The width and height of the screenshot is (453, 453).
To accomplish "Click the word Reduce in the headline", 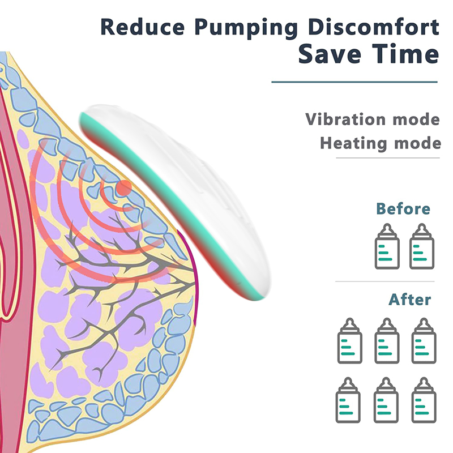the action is (143, 27).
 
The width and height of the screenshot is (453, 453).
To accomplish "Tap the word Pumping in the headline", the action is (246, 28).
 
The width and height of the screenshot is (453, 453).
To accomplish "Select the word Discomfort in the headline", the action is (374, 27).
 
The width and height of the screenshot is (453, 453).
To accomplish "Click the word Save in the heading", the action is (330, 54).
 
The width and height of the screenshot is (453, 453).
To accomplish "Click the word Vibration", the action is (345, 119).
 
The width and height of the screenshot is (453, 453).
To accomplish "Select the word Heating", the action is (353, 143).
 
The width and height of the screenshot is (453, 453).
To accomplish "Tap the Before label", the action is (403, 208).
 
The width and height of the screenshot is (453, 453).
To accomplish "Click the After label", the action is (409, 300).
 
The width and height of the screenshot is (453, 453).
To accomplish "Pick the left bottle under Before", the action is (387, 246).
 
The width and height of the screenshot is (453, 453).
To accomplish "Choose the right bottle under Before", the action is (422, 246).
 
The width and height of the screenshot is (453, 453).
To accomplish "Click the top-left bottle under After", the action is (350, 341).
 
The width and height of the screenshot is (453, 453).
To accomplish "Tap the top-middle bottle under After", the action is (387, 341).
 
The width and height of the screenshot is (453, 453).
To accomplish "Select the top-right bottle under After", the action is (424, 341).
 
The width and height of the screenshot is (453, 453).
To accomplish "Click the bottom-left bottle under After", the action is (348, 400).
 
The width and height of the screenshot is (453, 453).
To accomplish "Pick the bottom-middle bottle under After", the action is (386, 400).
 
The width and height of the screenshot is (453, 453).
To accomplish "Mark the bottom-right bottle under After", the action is (424, 400).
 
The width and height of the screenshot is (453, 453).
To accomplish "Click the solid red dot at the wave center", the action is (124, 188).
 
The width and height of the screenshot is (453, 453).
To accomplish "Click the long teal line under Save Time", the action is (354, 82).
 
